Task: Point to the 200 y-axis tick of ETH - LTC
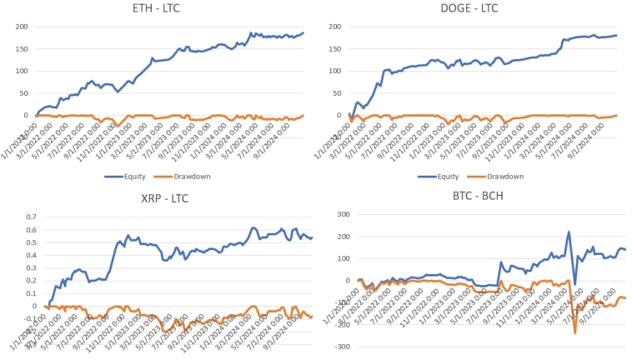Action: coord(21,27)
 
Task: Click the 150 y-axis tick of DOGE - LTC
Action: coord(335,48)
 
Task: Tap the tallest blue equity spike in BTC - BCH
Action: coord(569,232)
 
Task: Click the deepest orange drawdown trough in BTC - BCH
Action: coord(574,332)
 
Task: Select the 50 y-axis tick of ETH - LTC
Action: coord(23,93)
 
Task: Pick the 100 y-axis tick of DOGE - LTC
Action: coord(335,71)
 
